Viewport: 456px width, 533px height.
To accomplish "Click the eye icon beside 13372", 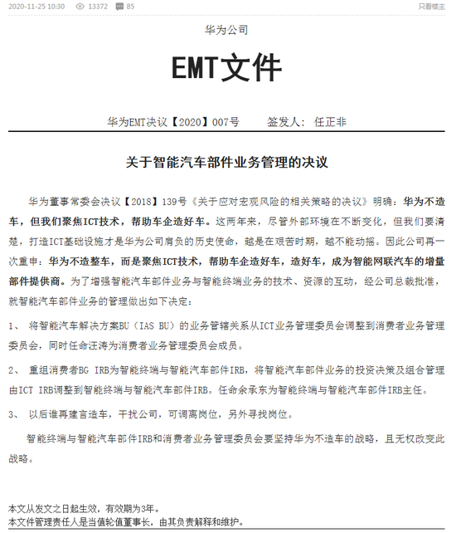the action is [80, 7].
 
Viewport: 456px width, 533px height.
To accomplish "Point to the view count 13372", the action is [98, 7].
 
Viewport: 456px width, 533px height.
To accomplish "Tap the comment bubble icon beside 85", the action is [119, 7].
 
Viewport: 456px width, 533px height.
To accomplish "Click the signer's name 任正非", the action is [331, 122].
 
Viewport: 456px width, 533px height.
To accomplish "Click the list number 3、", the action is [14, 413].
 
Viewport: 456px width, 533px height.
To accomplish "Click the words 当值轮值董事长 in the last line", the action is [121, 521].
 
